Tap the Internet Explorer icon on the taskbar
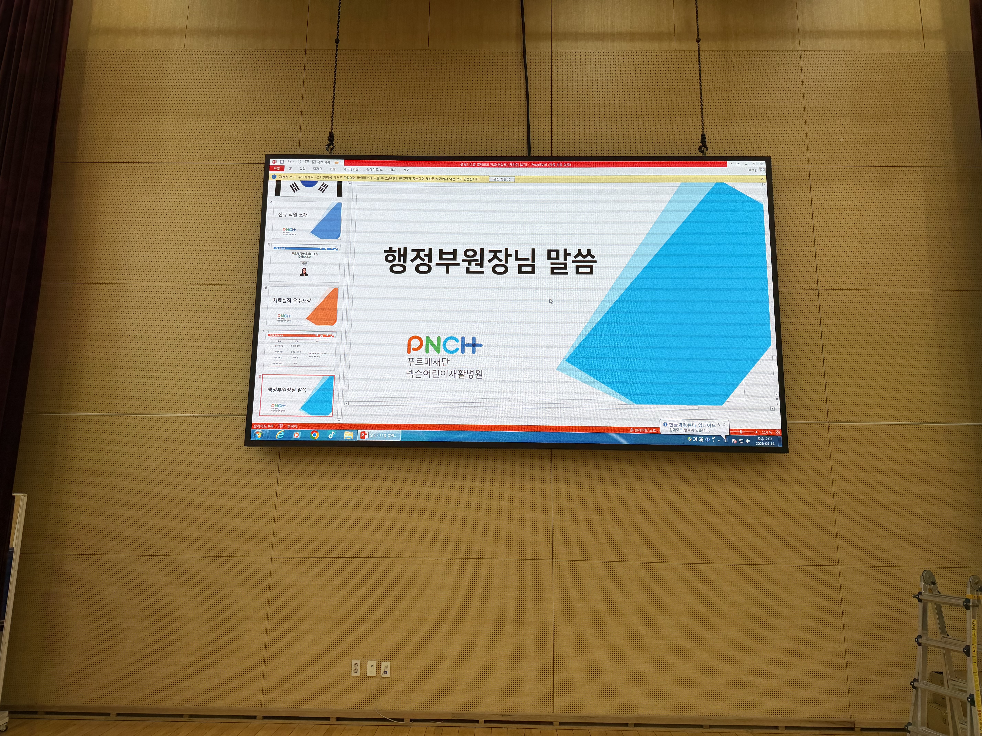click(x=280, y=435)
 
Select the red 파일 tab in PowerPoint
click(x=277, y=169)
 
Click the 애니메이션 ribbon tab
click(x=351, y=169)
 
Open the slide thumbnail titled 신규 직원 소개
click(x=306, y=220)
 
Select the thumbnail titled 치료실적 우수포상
click(x=302, y=306)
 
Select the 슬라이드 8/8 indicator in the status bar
click(x=263, y=426)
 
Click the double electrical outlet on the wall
click(x=356, y=668)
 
